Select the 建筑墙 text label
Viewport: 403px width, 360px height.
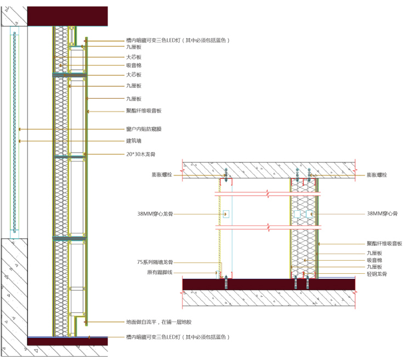[134, 141]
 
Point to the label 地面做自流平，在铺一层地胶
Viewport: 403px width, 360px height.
[162, 322]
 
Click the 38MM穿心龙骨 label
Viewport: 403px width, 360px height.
[155, 213]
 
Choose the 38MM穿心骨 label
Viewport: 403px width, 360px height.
[382, 213]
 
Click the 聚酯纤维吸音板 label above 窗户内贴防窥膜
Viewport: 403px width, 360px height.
[144, 111]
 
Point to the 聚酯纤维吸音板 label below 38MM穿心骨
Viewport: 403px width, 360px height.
[384, 243]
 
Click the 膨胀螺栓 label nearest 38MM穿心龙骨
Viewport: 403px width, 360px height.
[162, 175]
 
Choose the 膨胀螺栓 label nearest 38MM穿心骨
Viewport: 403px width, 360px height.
[377, 175]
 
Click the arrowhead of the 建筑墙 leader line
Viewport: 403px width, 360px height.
[19, 141]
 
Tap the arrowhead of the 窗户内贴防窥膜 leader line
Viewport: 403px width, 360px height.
[19, 130]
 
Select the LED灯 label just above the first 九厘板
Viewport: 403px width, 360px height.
[177, 41]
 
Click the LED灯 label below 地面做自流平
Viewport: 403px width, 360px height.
[177, 336]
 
